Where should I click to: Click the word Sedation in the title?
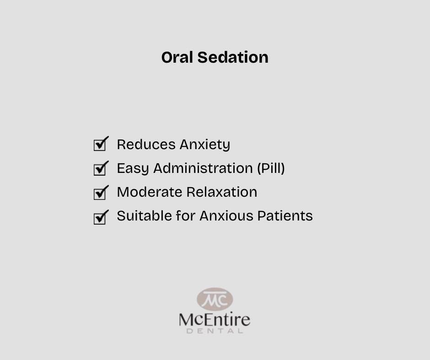point(233,57)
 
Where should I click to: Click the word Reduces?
point(146,145)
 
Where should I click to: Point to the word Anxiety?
point(205,145)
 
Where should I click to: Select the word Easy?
point(133,169)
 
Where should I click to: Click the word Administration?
point(203,168)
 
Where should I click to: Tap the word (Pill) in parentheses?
point(271,168)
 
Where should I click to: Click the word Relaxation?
point(222,192)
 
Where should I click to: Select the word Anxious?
point(226,216)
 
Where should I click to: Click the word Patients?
point(285,216)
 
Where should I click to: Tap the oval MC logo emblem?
point(215,299)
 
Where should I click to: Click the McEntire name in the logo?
point(215,319)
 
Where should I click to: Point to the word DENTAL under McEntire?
point(215,331)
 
